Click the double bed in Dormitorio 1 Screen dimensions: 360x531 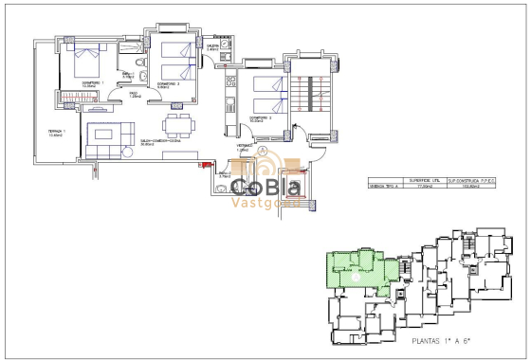(83, 64)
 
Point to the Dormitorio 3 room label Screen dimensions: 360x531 (262, 118)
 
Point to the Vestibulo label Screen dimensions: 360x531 (243, 147)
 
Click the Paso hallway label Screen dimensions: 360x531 (135, 94)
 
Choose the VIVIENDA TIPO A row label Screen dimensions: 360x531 (385, 188)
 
